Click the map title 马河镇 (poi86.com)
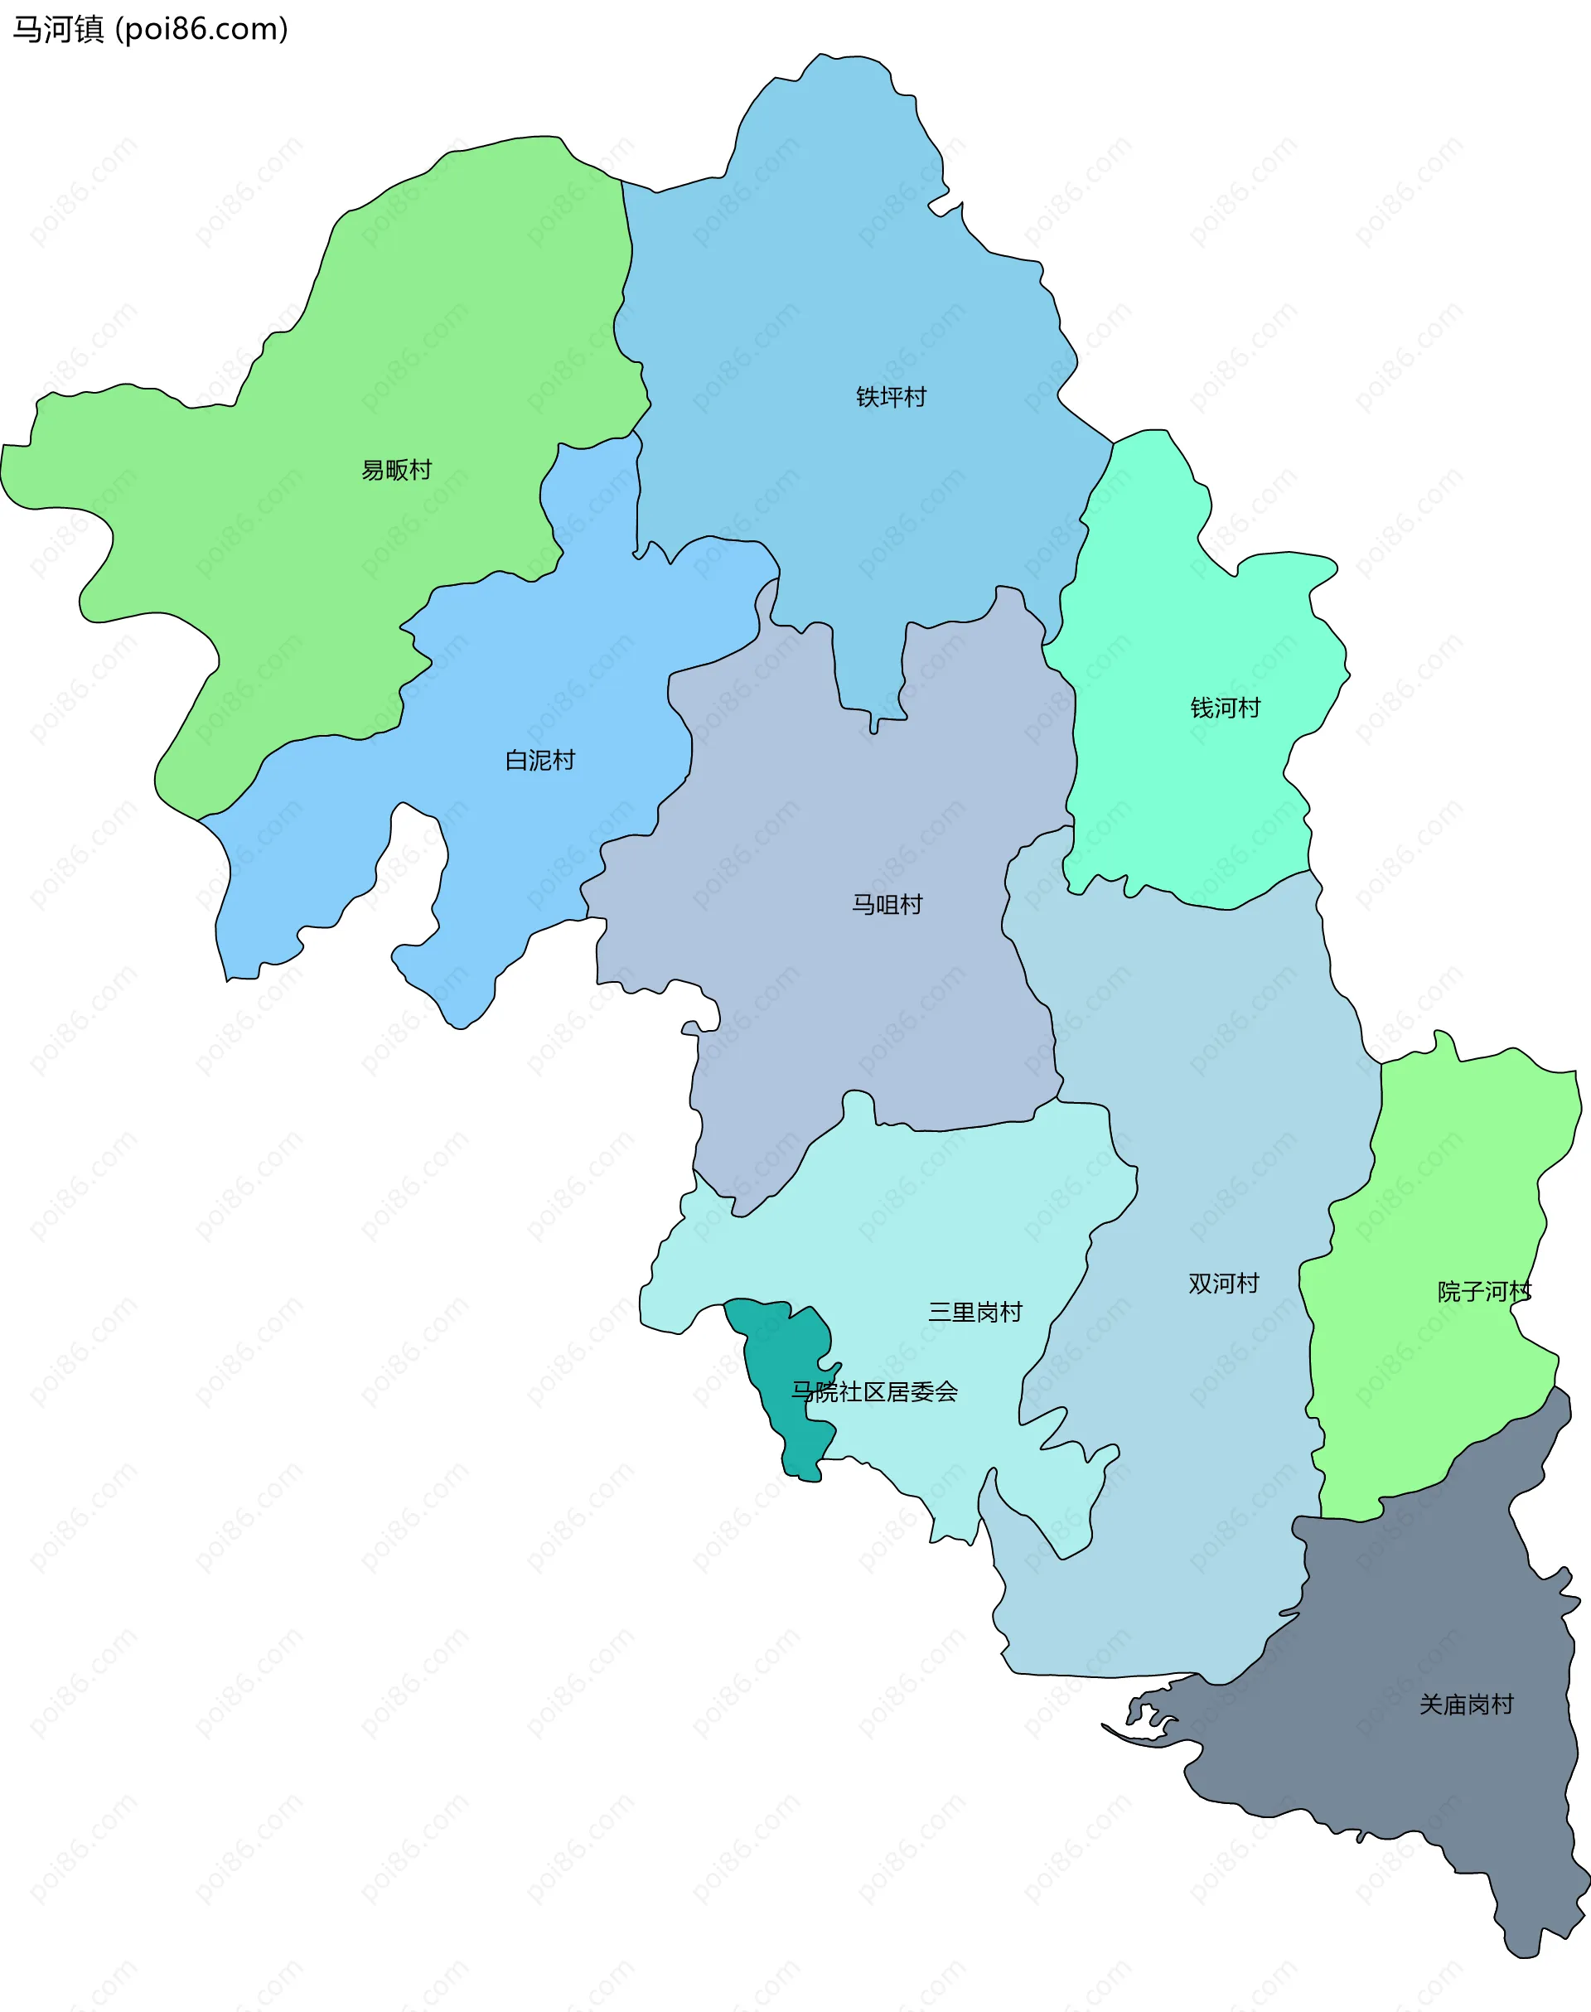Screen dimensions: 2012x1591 (x=150, y=29)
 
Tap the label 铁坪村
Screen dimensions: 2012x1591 (x=891, y=398)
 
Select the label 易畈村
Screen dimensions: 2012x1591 (x=397, y=471)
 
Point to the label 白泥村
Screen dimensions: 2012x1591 (x=539, y=761)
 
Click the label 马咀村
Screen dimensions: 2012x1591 (x=887, y=904)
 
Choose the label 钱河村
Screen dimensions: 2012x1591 (x=1225, y=708)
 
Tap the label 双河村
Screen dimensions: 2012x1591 (x=1223, y=1284)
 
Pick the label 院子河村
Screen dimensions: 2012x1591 (x=1484, y=1292)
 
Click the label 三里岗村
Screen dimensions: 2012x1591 (x=974, y=1313)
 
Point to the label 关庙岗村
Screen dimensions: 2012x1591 (x=1466, y=1705)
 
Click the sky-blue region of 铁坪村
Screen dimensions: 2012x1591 (x=839, y=279)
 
